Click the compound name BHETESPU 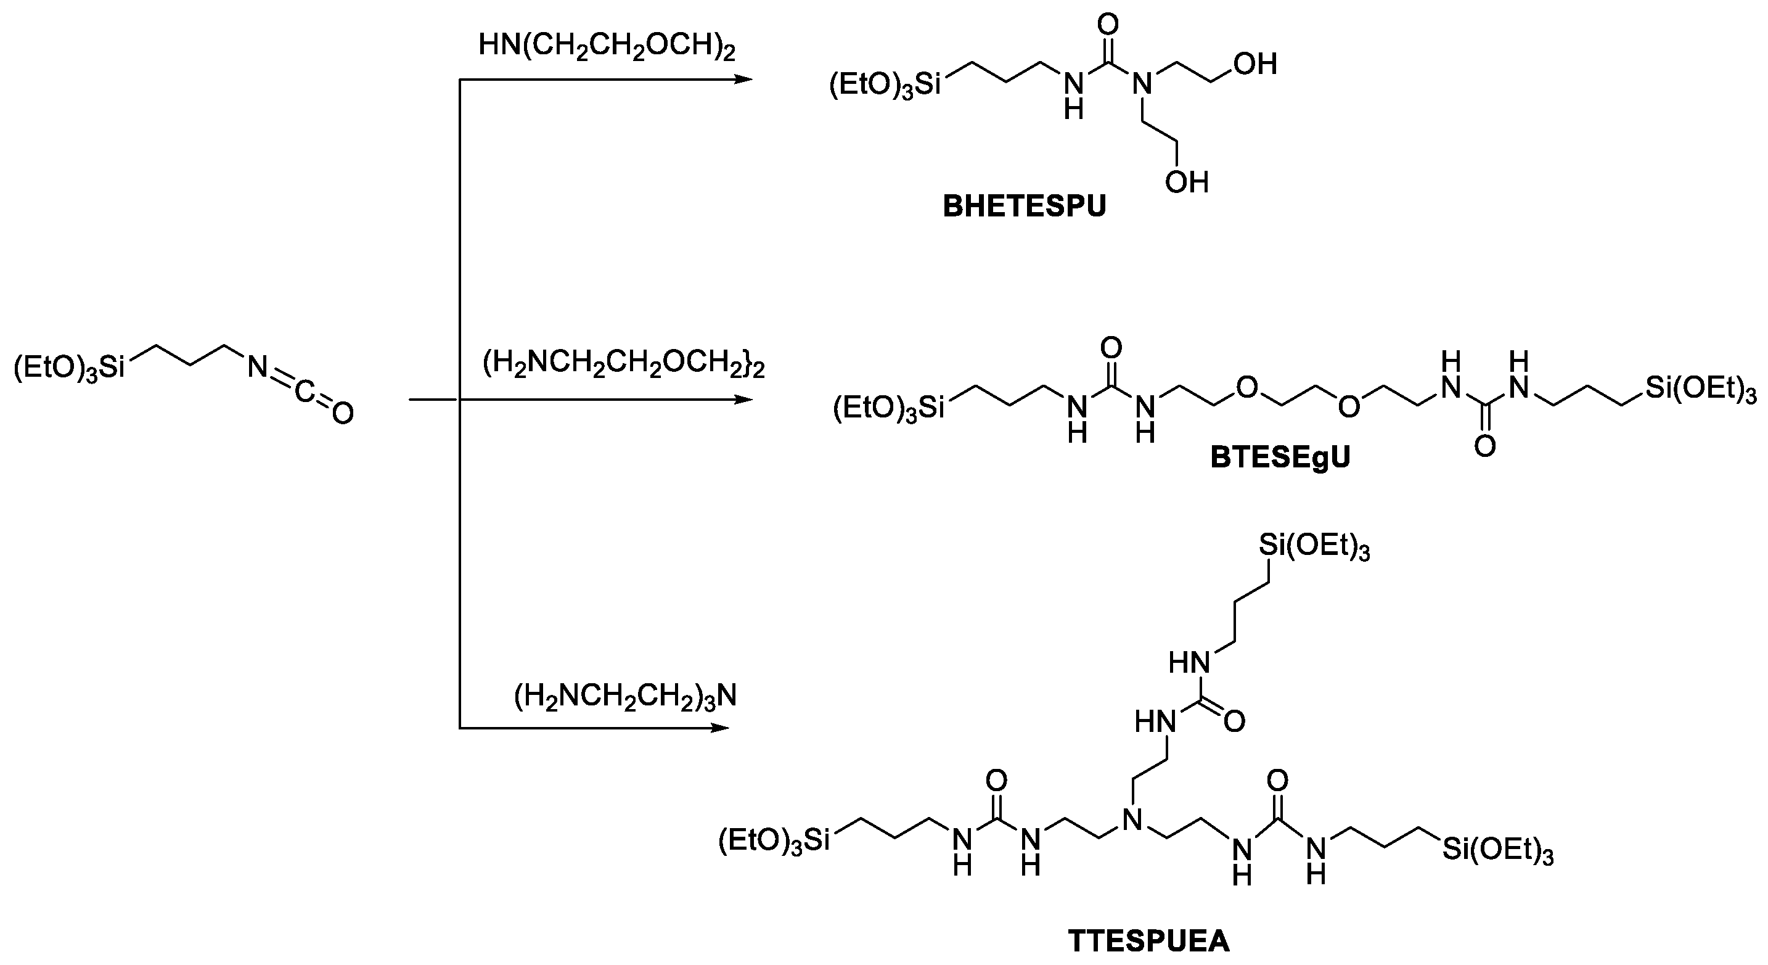point(1024,207)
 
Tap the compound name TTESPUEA point(1148,941)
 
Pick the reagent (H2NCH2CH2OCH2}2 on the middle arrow point(623,364)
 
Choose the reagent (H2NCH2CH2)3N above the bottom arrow point(625,697)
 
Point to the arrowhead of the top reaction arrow point(744,80)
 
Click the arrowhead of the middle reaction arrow point(744,400)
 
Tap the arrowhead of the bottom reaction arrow point(721,728)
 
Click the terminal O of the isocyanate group point(342,413)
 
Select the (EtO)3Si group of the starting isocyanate point(69,368)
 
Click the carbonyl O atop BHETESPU point(1107,25)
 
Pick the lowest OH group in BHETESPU point(1187,183)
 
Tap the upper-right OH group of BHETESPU point(1254,65)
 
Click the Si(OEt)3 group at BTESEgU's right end point(1701,390)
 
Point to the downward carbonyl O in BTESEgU point(1484,448)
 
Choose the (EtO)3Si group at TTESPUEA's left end point(774,842)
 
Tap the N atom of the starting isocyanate point(258,368)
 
